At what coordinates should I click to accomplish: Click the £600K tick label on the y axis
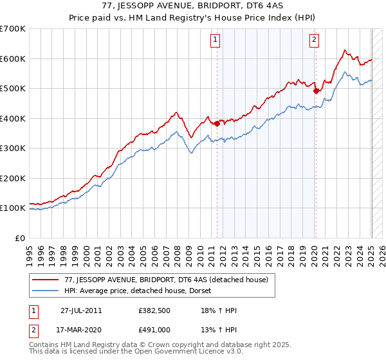pos(13,59)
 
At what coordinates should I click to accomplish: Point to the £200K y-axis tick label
pos(13,178)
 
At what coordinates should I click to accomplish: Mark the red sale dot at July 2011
pos(217,123)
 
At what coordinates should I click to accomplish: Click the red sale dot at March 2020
pos(316,91)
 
